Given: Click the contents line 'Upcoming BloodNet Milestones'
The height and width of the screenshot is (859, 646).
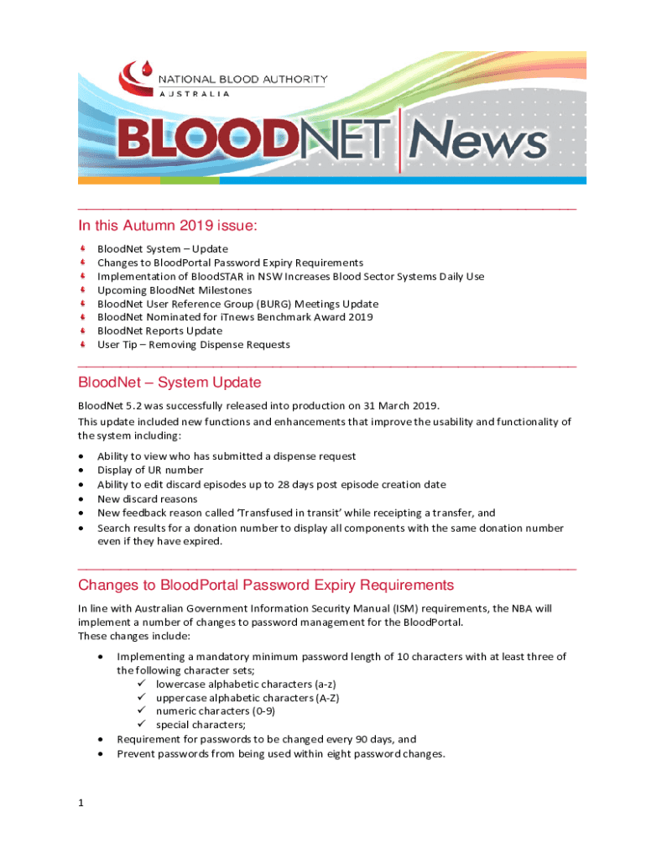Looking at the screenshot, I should click(x=174, y=289).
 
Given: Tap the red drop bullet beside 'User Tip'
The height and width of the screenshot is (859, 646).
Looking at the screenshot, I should click(x=82, y=344).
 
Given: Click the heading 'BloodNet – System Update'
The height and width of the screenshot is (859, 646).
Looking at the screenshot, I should click(x=169, y=383).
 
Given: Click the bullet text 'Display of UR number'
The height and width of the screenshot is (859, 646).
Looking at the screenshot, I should click(x=150, y=470).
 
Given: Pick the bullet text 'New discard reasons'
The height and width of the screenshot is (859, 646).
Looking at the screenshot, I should click(x=147, y=498).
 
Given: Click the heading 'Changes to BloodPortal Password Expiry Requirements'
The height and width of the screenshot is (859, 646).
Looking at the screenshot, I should click(x=266, y=585).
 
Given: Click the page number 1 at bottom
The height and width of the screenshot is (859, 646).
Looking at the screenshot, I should click(x=81, y=803).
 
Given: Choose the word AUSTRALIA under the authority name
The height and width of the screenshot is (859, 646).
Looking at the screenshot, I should click(x=195, y=93).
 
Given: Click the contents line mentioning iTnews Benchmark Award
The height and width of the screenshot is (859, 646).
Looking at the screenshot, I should click(x=235, y=317).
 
